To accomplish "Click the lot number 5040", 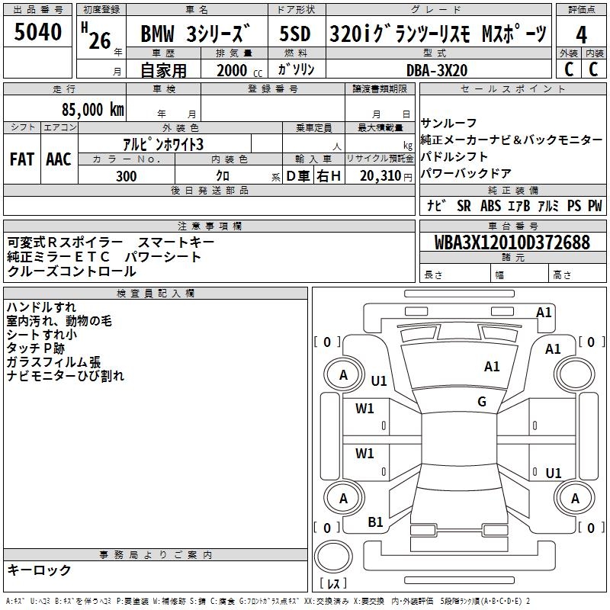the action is (x=38, y=33).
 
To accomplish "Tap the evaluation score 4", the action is (x=581, y=35).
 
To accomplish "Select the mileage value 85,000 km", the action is (x=90, y=110).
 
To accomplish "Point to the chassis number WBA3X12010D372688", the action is (x=512, y=242).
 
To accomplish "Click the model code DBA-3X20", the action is (x=437, y=69).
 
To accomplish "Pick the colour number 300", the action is (x=126, y=176).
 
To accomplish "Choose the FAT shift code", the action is (x=21, y=159).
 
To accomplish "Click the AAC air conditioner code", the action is (x=58, y=159).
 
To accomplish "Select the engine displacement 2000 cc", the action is (x=233, y=70).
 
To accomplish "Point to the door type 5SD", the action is (x=294, y=35).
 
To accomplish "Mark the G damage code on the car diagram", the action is (x=482, y=402).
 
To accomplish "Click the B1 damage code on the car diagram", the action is (x=375, y=522).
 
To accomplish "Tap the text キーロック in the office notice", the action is (x=39, y=570).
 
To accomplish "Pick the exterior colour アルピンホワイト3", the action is (x=163, y=144).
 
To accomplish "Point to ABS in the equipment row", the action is (x=490, y=206).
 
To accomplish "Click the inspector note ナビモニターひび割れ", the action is (x=65, y=376).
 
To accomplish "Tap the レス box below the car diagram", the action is (x=334, y=584).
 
